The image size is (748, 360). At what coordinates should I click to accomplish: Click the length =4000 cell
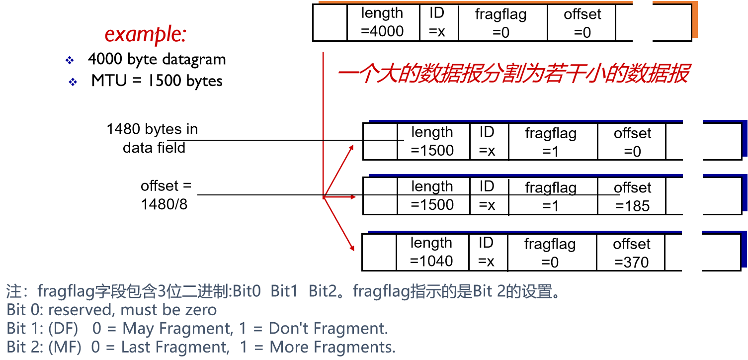tap(382, 22)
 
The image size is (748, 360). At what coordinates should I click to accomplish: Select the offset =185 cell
tap(632, 196)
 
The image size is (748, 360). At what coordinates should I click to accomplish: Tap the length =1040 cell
tap(431, 252)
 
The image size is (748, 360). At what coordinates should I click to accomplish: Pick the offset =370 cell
tap(631, 253)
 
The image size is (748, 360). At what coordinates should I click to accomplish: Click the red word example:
tap(145, 34)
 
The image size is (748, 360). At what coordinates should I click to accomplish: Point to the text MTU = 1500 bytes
tap(157, 81)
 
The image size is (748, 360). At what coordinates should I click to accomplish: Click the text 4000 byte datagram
tap(157, 60)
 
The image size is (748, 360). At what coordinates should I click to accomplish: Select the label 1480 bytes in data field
tap(152, 138)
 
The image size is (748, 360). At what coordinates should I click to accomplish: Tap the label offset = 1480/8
tap(166, 194)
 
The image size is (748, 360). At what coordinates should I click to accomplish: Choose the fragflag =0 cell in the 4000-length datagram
tap(501, 23)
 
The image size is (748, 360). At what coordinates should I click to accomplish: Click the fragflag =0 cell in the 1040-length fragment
tap(550, 253)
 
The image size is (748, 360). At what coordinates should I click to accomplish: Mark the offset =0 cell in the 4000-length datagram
tap(582, 23)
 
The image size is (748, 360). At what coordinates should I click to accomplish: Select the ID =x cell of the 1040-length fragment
tap(486, 252)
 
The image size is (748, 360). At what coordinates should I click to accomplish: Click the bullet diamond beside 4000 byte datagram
tap(70, 61)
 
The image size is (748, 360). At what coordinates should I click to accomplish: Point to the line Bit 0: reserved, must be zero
tap(112, 310)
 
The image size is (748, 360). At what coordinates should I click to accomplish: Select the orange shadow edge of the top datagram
tap(695, 20)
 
